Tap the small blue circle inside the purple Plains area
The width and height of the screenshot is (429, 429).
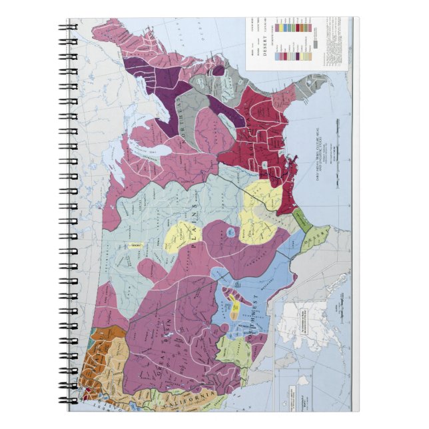coord(230,232)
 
